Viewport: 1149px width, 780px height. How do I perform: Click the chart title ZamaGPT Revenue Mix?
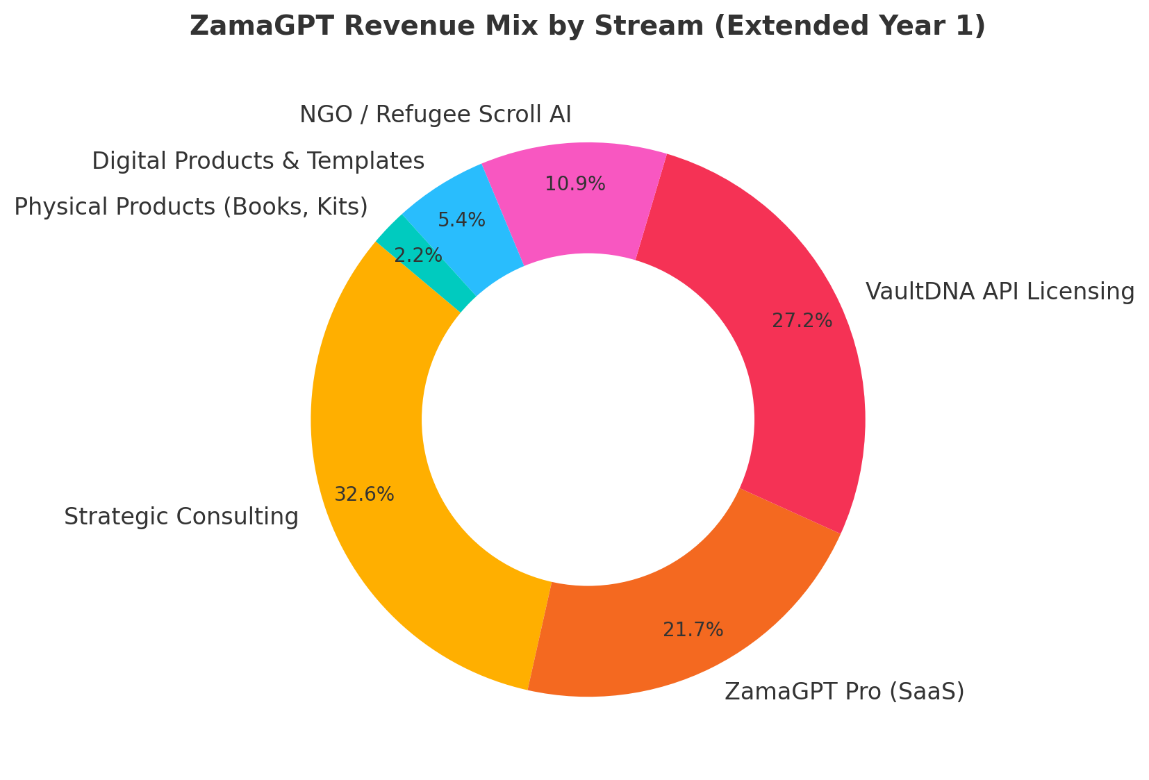[587, 26]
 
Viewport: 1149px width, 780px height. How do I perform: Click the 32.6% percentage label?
[364, 495]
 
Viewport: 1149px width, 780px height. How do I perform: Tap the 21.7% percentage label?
[693, 630]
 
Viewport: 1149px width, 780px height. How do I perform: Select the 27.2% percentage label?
[802, 320]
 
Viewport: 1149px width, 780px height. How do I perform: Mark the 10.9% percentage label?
[574, 184]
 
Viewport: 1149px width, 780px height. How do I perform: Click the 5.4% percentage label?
[461, 220]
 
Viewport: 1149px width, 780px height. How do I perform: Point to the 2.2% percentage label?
[418, 256]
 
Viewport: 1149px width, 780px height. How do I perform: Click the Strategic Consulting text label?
[181, 517]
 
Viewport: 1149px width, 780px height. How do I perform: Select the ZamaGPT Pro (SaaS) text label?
[844, 692]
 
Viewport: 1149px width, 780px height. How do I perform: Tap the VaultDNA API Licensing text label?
[1000, 292]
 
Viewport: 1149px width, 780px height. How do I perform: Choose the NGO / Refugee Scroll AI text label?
[435, 114]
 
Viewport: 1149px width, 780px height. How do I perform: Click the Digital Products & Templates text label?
[258, 161]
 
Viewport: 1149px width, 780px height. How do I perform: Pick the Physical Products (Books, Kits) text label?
[190, 206]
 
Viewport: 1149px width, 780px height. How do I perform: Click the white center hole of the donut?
[588, 420]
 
